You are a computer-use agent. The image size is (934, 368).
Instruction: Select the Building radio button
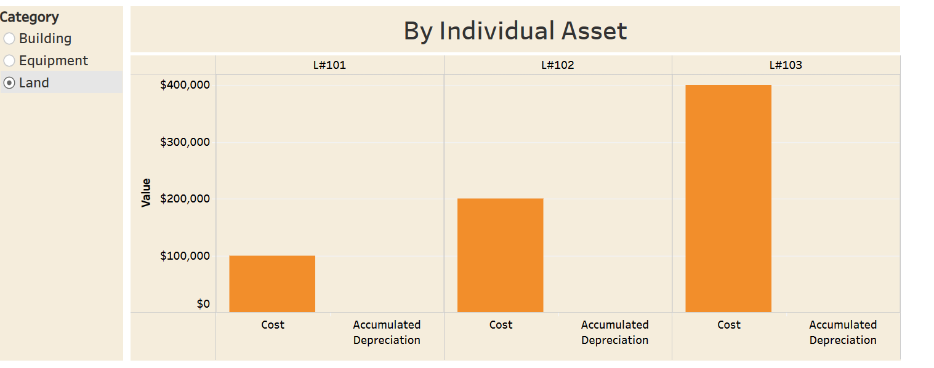[x=9, y=39]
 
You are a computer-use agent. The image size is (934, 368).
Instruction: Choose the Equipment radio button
[x=9, y=61]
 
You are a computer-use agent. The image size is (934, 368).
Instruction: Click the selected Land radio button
[x=9, y=83]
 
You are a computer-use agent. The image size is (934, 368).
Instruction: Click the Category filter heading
[x=30, y=17]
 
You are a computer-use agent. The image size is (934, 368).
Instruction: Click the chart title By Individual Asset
[x=515, y=31]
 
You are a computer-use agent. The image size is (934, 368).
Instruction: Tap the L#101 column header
[x=329, y=65]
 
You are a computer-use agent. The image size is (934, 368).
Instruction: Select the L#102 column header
[x=558, y=65]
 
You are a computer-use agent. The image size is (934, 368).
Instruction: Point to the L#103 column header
[x=786, y=65]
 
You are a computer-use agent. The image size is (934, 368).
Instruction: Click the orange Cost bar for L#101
[x=272, y=284]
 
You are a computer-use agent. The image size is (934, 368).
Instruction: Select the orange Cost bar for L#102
[x=500, y=255]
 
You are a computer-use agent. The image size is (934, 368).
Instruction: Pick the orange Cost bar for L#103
[x=728, y=198]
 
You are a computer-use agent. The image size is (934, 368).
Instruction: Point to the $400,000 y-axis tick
[x=185, y=85]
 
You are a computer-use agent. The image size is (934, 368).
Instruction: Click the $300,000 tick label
[x=185, y=142]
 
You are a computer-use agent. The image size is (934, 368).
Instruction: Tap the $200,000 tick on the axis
[x=185, y=199]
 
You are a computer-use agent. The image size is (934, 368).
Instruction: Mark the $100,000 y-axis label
[x=185, y=256]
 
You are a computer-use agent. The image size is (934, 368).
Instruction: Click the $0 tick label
[x=203, y=304]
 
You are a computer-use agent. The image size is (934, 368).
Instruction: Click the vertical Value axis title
[x=147, y=193]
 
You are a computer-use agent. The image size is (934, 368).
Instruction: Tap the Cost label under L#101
[x=273, y=325]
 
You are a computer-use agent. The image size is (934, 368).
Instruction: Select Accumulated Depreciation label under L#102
[x=614, y=332]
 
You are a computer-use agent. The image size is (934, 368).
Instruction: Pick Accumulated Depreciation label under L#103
[x=843, y=332]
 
